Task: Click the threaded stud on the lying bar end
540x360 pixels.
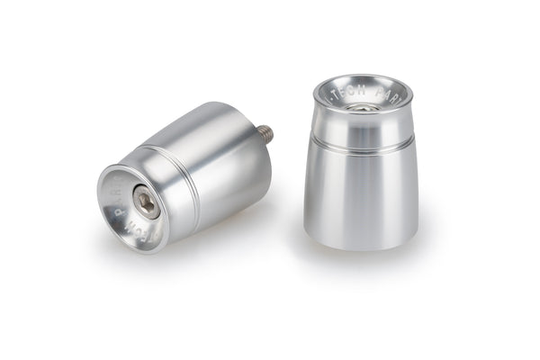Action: click(266, 133)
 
